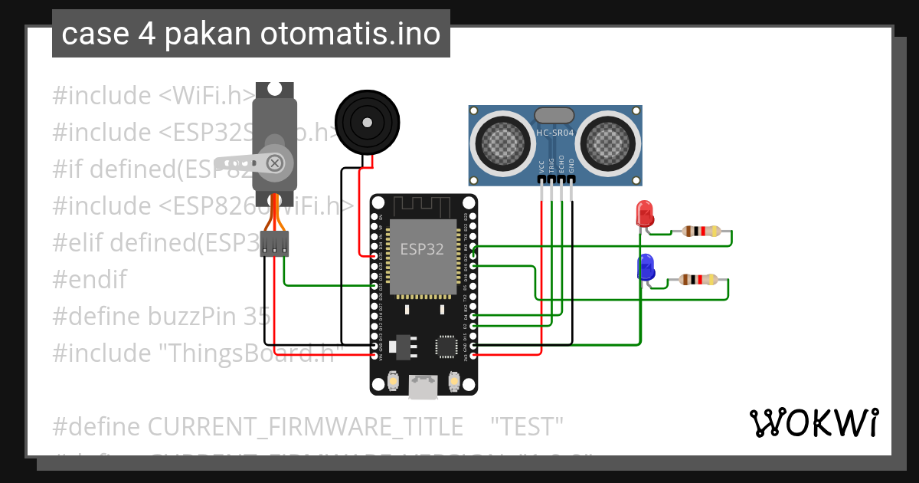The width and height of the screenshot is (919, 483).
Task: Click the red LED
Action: click(645, 212)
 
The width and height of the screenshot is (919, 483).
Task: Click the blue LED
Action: click(646, 267)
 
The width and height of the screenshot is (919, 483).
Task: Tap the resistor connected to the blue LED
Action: click(699, 280)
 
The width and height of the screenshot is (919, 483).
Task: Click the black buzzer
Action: click(368, 121)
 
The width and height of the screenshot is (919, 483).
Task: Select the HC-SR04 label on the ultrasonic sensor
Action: click(555, 133)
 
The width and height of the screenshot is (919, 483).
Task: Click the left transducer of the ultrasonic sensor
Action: click(502, 141)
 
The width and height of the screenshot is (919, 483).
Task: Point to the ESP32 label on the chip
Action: click(422, 249)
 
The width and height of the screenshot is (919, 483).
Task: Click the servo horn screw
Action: click(273, 162)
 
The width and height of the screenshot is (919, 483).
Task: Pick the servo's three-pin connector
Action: click(274, 245)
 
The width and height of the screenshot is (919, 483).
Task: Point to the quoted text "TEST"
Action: click(526, 426)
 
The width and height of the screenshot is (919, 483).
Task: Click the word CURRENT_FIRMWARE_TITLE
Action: click(305, 426)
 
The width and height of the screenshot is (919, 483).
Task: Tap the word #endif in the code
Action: click(90, 279)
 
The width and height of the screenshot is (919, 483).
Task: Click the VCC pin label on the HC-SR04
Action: click(541, 165)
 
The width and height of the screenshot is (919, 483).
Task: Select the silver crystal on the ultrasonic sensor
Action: click(554, 115)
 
